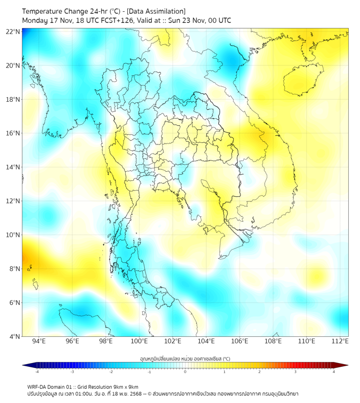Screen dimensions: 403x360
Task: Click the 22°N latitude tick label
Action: pos(13,32)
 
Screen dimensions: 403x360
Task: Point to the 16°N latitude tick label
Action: pos(13,133)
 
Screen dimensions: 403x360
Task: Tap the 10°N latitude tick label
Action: pos(13,235)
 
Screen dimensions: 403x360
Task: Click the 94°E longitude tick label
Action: pos(39,341)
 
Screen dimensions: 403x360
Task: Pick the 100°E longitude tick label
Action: pos(140,341)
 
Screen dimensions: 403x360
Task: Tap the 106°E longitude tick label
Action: pos(240,341)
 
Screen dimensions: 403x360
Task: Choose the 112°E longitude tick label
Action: pos(340,341)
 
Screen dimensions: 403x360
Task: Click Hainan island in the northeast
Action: pos(304,81)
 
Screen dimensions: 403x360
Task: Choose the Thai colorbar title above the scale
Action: pos(185,358)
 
